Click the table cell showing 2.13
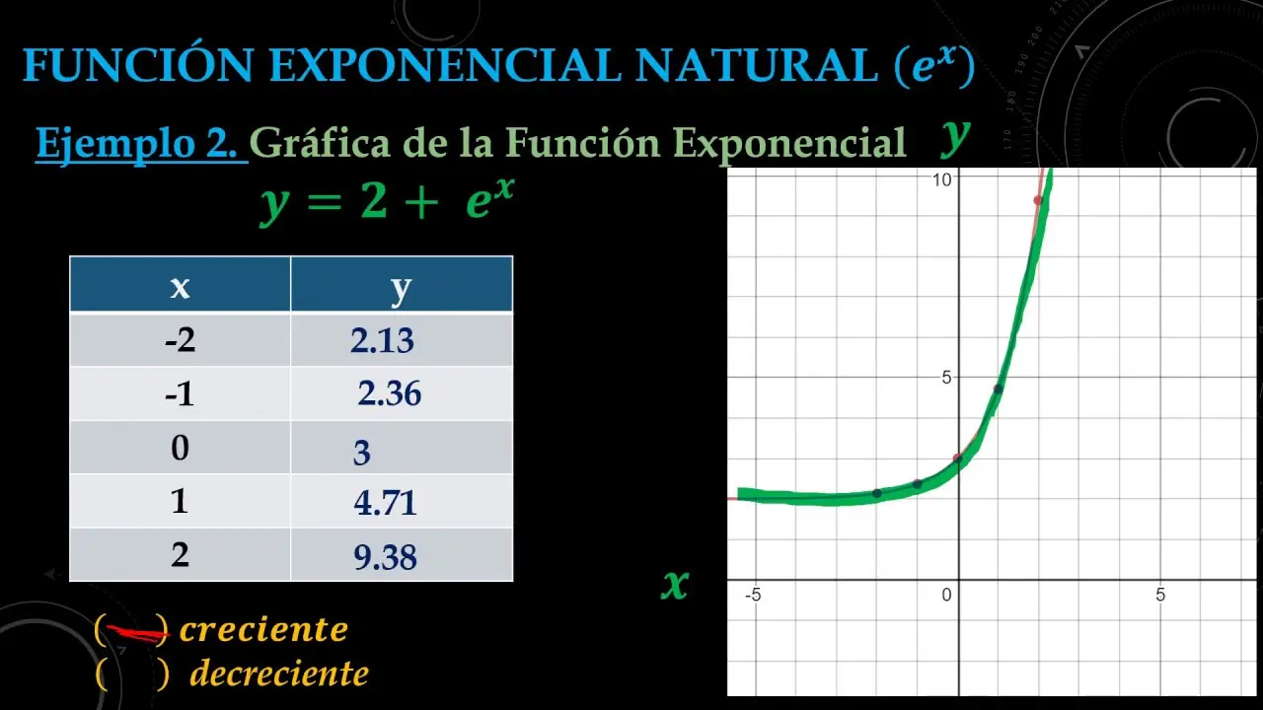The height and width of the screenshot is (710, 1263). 402,340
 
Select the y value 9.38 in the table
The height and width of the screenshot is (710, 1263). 402,555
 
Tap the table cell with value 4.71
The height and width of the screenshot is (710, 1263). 402,502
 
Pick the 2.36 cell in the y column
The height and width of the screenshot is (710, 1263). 402,393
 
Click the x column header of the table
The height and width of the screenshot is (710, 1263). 180,285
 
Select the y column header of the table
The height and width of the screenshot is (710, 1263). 402,285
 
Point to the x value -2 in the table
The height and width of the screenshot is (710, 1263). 180,340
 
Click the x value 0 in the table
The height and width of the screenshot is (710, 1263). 180,448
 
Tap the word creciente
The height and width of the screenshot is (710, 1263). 263,629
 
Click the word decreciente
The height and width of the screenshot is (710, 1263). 279,674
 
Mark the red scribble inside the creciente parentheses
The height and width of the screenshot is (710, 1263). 137,633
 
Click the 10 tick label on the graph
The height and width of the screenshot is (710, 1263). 941,179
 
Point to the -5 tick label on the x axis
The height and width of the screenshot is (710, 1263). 753,595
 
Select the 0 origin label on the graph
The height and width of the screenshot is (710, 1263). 946,595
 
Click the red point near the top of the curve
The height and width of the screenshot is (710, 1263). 1038,200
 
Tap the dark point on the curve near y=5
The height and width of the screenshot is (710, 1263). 998,389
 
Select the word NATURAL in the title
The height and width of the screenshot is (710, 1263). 756,65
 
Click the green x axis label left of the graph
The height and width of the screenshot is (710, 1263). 675,584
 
